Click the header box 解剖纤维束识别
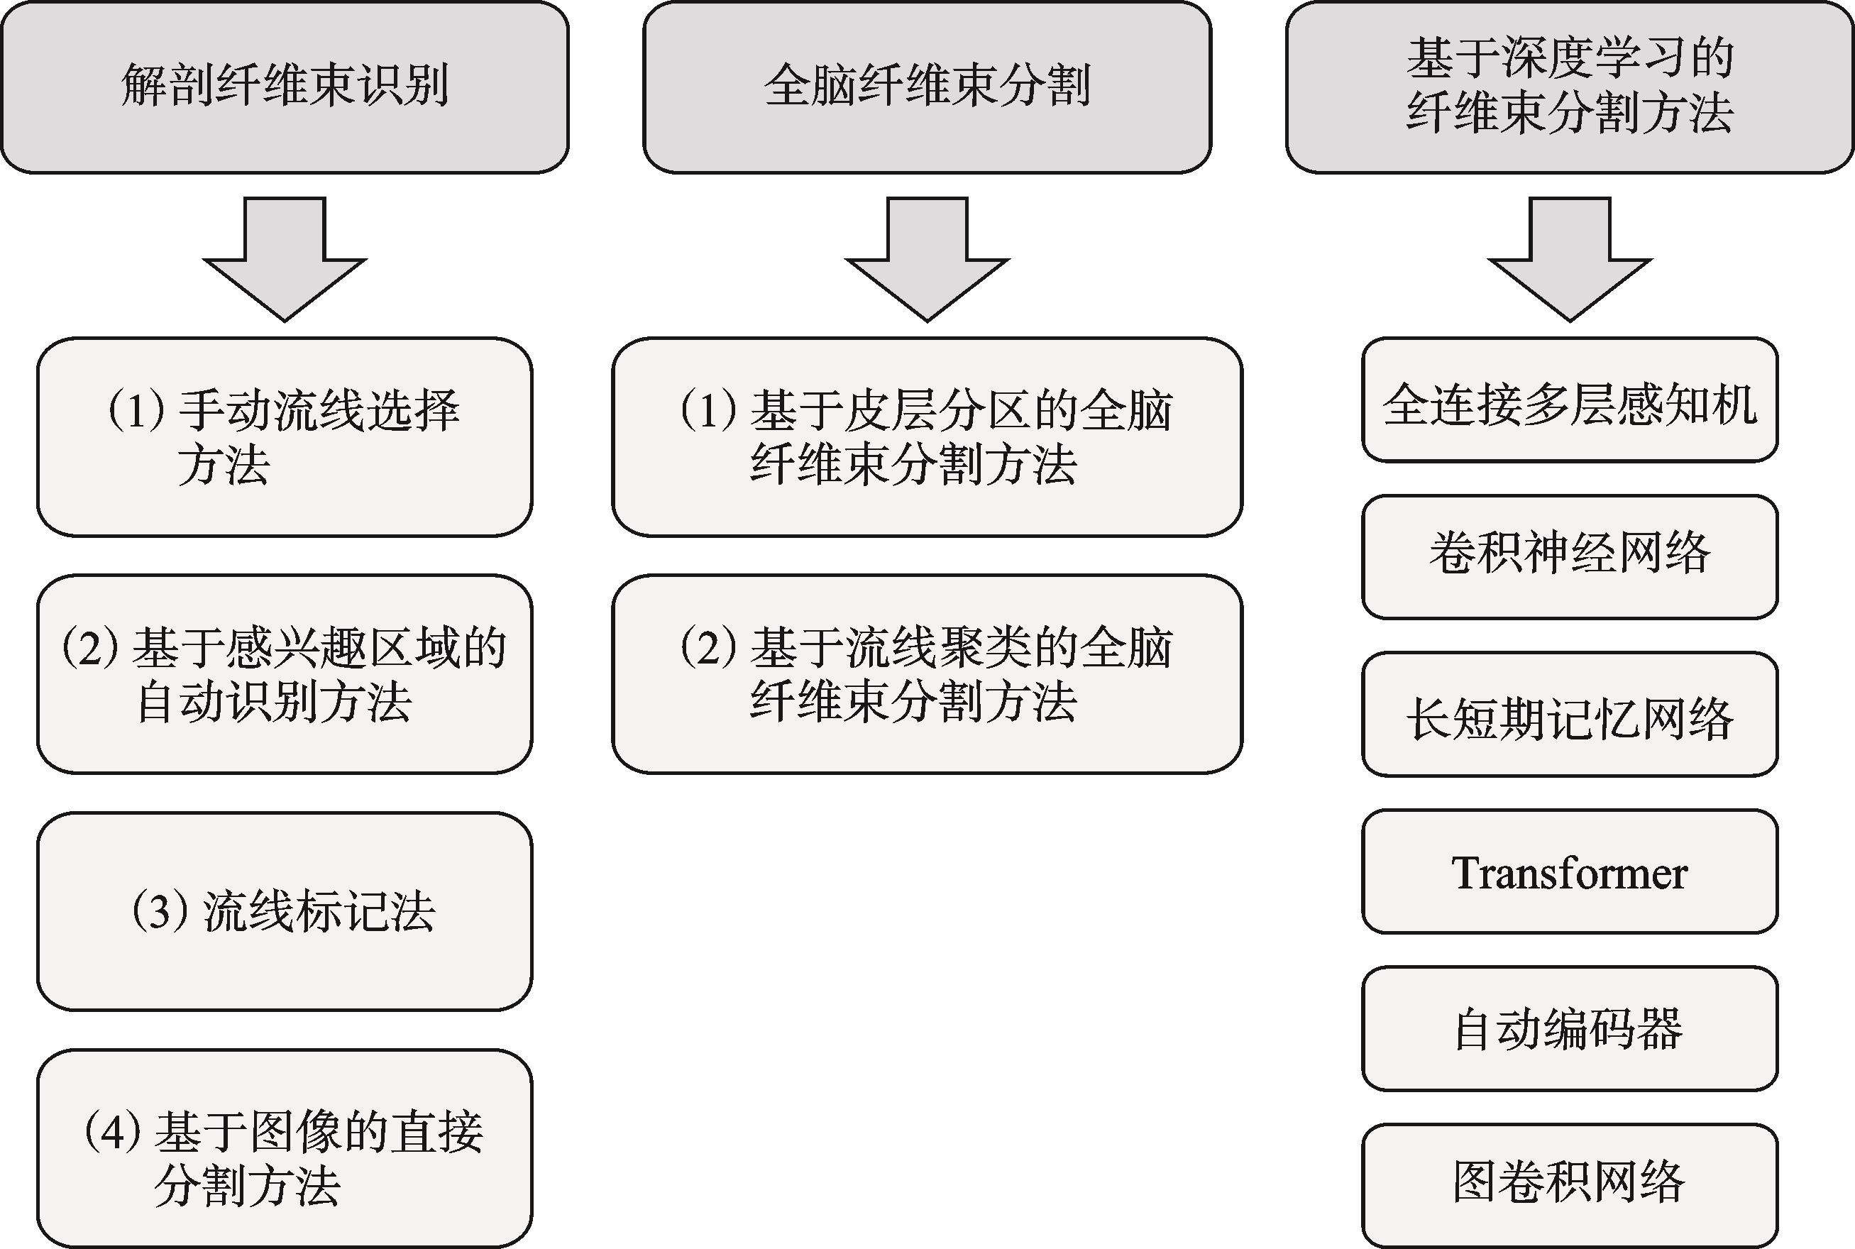(x=285, y=87)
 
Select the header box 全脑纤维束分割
(x=927, y=87)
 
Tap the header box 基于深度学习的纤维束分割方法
(x=1570, y=87)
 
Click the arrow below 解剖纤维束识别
(x=285, y=259)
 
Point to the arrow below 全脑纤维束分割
(x=927, y=259)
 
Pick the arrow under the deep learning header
(x=1570, y=259)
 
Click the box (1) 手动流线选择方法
(x=285, y=437)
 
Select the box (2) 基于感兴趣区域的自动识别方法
(x=285, y=674)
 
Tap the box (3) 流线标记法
(x=285, y=911)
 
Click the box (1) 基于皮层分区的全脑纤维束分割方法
(x=927, y=437)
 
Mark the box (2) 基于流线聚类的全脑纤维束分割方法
(x=927, y=674)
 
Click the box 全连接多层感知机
(x=1570, y=400)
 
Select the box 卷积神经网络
(x=1570, y=557)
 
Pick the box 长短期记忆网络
(x=1570, y=715)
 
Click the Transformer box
(x=1570, y=871)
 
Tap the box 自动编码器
(x=1570, y=1028)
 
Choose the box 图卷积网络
(x=1570, y=1185)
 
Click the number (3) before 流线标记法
(x=160, y=911)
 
